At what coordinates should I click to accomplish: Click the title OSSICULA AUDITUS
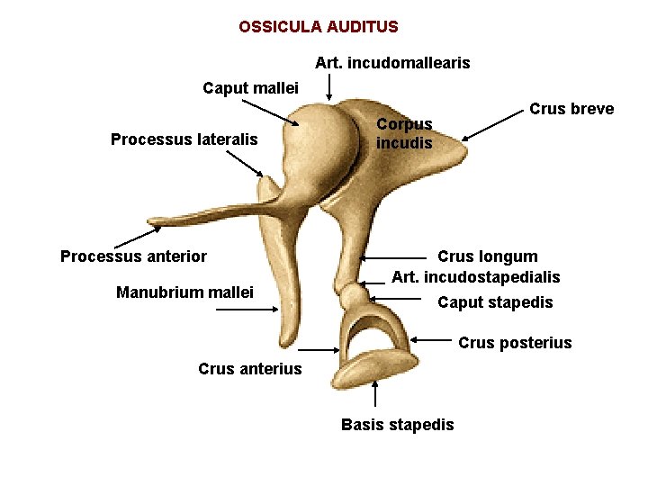point(319,27)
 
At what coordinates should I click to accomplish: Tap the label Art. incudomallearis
point(392,63)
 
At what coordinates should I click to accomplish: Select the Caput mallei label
point(251,88)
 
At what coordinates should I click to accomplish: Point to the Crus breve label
point(571,109)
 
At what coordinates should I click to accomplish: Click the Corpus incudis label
point(404,133)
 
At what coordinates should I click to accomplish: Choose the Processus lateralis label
point(184,139)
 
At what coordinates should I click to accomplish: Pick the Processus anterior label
point(133,256)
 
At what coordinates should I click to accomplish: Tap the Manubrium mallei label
point(184,292)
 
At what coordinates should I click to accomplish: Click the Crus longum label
point(488,256)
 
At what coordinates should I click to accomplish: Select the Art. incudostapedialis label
point(476,276)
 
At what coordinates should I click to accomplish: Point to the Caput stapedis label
point(495,302)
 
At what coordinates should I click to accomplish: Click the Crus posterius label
point(515,343)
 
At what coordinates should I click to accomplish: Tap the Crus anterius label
point(250,369)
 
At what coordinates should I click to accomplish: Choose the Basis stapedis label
point(397,425)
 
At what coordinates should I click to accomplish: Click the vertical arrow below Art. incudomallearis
point(329,87)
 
